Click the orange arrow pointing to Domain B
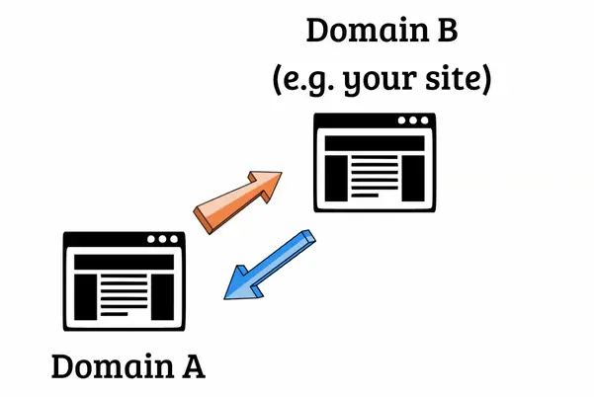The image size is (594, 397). tap(238, 202)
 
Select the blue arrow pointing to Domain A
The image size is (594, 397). tap(270, 265)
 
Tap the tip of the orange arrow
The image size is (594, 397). tap(282, 173)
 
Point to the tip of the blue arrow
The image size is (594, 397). tap(224, 298)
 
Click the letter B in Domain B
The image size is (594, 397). tap(448, 30)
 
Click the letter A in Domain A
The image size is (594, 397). tap(194, 366)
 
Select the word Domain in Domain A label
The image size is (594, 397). tap(113, 366)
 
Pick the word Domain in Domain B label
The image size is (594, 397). tap(368, 30)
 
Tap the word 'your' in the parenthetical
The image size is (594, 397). tap(379, 81)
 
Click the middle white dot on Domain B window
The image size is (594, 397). tap(413, 120)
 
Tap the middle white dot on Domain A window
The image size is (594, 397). tap(162, 239)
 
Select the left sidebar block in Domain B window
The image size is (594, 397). tap(336, 178)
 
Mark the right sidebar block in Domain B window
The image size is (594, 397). tap(413, 178)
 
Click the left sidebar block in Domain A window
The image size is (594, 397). tap(86, 297)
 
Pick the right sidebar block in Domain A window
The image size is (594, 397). tap(162, 297)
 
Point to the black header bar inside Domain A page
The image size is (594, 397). tap(124, 262)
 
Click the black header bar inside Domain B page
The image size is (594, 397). tap(375, 143)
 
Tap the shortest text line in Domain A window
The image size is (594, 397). tap(115, 314)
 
